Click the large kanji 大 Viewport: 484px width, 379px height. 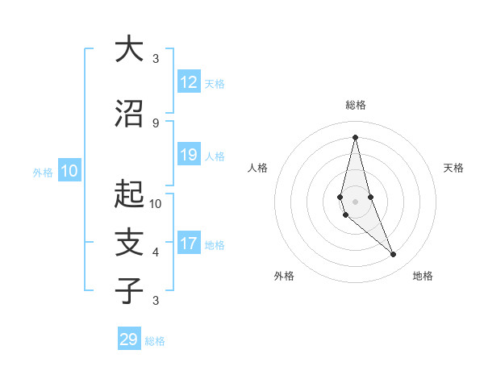[x=129, y=50]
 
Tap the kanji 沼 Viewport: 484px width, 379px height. [x=129, y=114]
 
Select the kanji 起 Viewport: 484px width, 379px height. [x=129, y=194]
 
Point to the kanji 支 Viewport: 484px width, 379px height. [x=129, y=243]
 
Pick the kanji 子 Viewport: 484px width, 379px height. [x=129, y=290]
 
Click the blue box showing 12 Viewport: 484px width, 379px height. [x=189, y=82]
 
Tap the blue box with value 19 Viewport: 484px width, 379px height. [x=189, y=155]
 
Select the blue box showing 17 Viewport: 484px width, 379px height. [x=189, y=244]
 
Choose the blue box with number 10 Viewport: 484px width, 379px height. [x=69, y=171]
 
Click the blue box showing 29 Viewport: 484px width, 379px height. [x=129, y=339]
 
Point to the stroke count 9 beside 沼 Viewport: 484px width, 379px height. [x=155, y=123]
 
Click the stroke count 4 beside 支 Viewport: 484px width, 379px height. [x=155, y=252]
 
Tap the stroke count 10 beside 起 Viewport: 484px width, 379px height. [x=156, y=203]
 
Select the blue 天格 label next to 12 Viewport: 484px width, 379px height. [x=215, y=83]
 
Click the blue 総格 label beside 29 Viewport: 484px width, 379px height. [x=155, y=341]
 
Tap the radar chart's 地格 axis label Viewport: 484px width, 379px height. [x=423, y=276]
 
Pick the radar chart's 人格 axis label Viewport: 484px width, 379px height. [x=258, y=168]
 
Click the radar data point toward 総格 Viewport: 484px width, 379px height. [x=355, y=136]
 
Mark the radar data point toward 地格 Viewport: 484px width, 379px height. [x=394, y=255]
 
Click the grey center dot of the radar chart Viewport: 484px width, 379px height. [x=355, y=201]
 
